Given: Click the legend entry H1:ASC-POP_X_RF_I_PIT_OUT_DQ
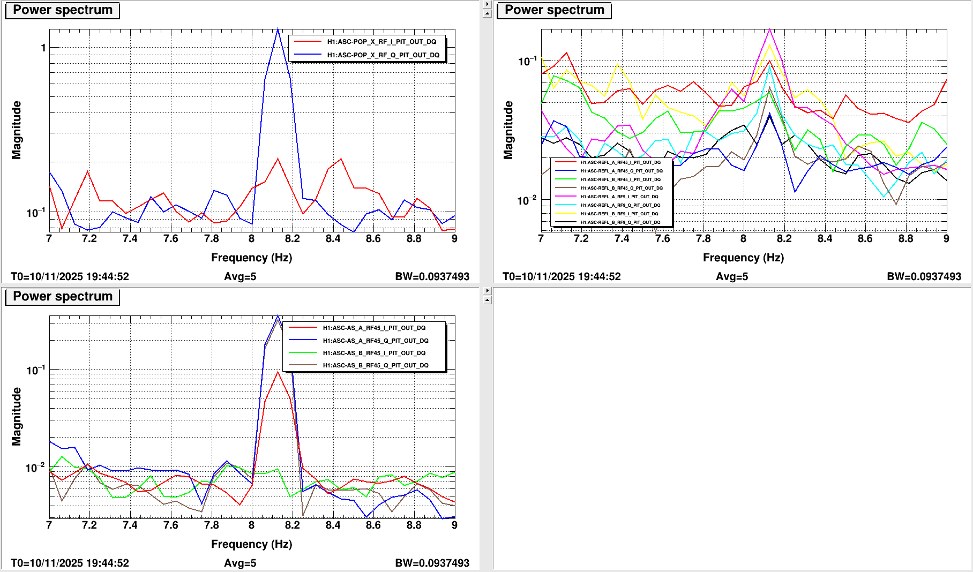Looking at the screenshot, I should pos(381,42).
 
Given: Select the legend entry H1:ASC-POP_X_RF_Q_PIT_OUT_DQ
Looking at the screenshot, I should pos(383,55).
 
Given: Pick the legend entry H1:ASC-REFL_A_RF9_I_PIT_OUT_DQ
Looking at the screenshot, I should pos(619,197).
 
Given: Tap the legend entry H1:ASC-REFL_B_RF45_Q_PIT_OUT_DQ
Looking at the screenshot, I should pos(622,188).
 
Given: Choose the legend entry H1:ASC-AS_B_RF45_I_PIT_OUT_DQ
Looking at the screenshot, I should pos(374,353).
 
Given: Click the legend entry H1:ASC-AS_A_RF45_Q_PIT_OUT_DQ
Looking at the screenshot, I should pos(375,341).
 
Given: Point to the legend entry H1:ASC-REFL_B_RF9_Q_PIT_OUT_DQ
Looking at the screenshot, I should pos(620,222).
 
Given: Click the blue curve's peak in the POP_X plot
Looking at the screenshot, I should pos(278,29).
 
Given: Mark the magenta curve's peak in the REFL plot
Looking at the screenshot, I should pos(769,29).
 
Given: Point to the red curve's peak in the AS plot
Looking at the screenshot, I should pos(278,372).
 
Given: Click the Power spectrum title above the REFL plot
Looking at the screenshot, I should pos(554,10).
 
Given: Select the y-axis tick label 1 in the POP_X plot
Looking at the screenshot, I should pos(43,48).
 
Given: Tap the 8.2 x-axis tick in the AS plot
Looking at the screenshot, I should pos(293,525).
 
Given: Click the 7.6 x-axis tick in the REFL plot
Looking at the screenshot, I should pos(663,239).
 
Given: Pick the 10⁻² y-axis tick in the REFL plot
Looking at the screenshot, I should pos(526,201).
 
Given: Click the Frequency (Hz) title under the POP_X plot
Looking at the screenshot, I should pos(251,258).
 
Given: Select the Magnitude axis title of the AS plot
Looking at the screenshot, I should pos(17,417).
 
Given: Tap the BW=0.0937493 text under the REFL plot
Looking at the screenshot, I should pos(924,276).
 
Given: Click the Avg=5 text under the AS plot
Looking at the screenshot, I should pos(240,563).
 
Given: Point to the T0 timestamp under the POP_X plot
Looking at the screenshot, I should pos(70,276).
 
